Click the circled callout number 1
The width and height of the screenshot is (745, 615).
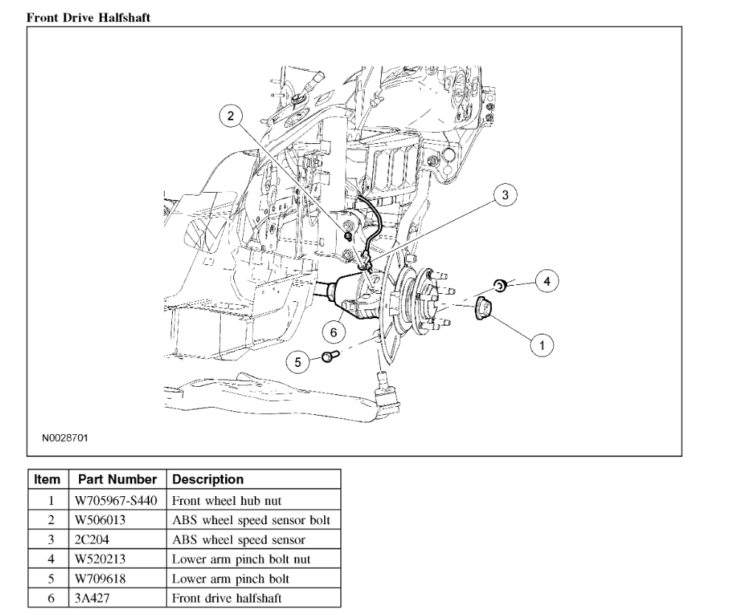[x=543, y=344]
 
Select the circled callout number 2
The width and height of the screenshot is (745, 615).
[x=231, y=115]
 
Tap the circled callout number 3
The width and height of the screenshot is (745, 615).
[x=505, y=195]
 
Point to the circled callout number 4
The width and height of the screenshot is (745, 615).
[x=547, y=281]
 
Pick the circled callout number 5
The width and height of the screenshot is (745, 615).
[x=299, y=361]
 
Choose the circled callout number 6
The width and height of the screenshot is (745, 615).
[x=334, y=333]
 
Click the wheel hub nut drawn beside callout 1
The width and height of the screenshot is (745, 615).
[x=485, y=307]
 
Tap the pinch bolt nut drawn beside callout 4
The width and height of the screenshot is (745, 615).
[x=500, y=284]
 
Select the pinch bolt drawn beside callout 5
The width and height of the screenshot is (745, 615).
[x=329, y=357]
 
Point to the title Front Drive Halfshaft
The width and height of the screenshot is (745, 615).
[x=88, y=18]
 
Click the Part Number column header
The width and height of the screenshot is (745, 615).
[x=117, y=480]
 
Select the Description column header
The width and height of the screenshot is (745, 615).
[x=207, y=480]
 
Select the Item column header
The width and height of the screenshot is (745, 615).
[x=47, y=480]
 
